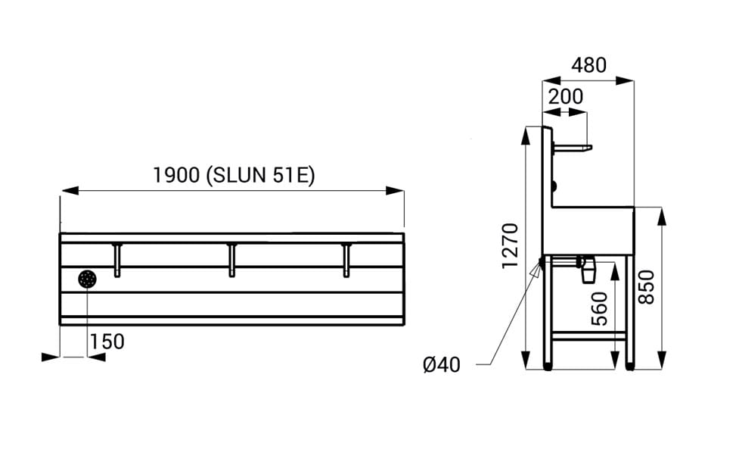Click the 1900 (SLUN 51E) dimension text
click(x=234, y=176)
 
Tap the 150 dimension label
click(x=107, y=342)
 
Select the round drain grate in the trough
click(x=88, y=279)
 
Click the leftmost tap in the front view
click(x=117, y=260)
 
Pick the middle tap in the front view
click(x=231, y=260)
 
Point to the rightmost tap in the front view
click(x=347, y=260)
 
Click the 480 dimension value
click(x=588, y=66)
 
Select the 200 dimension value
click(x=566, y=97)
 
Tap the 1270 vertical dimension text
click(x=511, y=246)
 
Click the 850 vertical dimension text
click(x=646, y=287)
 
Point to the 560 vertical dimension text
click(x=600, y=308)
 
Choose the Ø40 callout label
click(x=442, y=365)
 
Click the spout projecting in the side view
click(x=572, y=148)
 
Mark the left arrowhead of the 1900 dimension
click(x=70, y=191)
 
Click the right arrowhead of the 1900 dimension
click(x=395, y=191)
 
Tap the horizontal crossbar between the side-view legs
click(x=589, y=336)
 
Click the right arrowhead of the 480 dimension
click(x=625, y=81)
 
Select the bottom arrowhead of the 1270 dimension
click(x=526, y=360)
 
